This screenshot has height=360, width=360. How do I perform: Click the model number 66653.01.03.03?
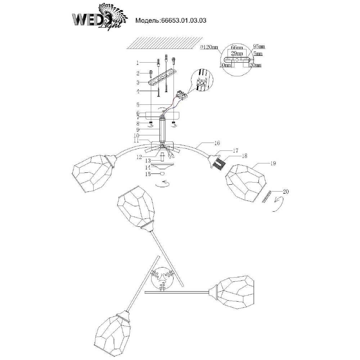pos(171,21)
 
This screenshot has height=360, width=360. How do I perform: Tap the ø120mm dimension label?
pos(209,47)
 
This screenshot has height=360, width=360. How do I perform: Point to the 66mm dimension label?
pos(236,48)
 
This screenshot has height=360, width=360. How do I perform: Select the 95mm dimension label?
pos(259,46)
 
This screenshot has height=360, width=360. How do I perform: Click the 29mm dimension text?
pos(236,53)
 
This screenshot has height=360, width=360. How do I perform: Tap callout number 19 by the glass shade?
pos(273,163)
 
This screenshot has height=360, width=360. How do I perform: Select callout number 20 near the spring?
pos(286,192)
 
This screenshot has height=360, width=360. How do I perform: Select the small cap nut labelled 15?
pos(162,174)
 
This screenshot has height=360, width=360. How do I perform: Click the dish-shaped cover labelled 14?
pos(162,166)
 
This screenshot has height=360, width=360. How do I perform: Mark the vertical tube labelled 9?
pos(162,130)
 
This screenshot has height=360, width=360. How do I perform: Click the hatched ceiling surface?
pos(162,43)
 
